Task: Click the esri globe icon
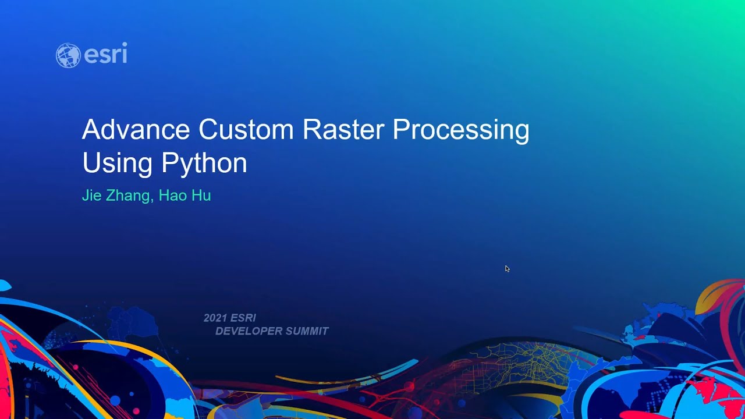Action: click(x=68, y=55)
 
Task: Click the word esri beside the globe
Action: click(x=105, y=54)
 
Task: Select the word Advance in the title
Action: click(x=136, y=129)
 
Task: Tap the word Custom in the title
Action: click(x=247, y=129)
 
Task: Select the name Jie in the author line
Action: click(x=91, y=196)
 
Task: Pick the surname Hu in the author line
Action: click(x=201, y=196)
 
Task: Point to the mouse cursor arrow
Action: click(x=507, y=268)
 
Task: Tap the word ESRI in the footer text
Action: click(x=243, y=318)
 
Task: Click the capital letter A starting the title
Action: click(x=90, y=129)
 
